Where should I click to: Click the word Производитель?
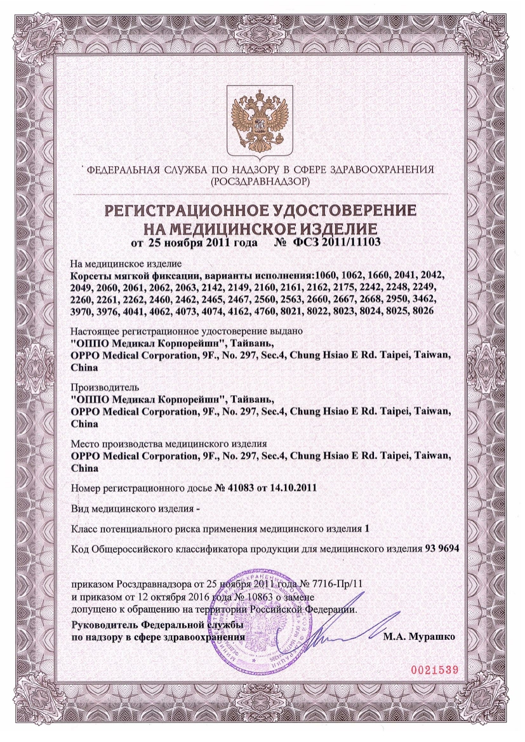tap(103, 386)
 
